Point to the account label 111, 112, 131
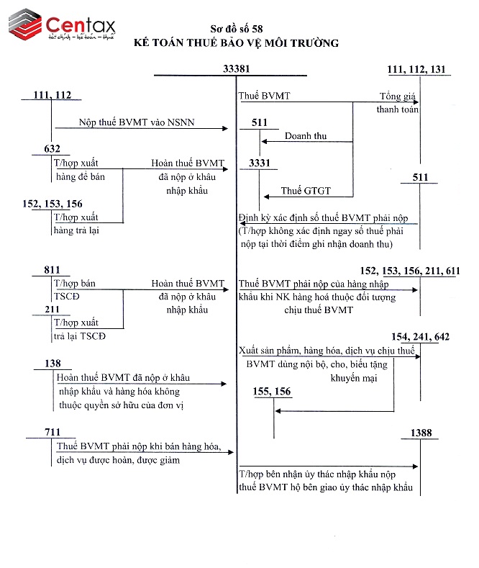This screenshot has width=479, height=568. pyautogui.click(x=416, y=69)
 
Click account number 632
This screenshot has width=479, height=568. pyautogui.click(x=52, y=149)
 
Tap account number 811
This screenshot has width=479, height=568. pyautogui.click(x=52, y=270)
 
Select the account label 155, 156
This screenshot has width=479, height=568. pyautogui.click(x=273, y=392)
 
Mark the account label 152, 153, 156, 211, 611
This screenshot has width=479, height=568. pyautogui.click(x=410, y=270)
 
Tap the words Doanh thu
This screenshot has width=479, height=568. pyautogui.click(x=304, y=135)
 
